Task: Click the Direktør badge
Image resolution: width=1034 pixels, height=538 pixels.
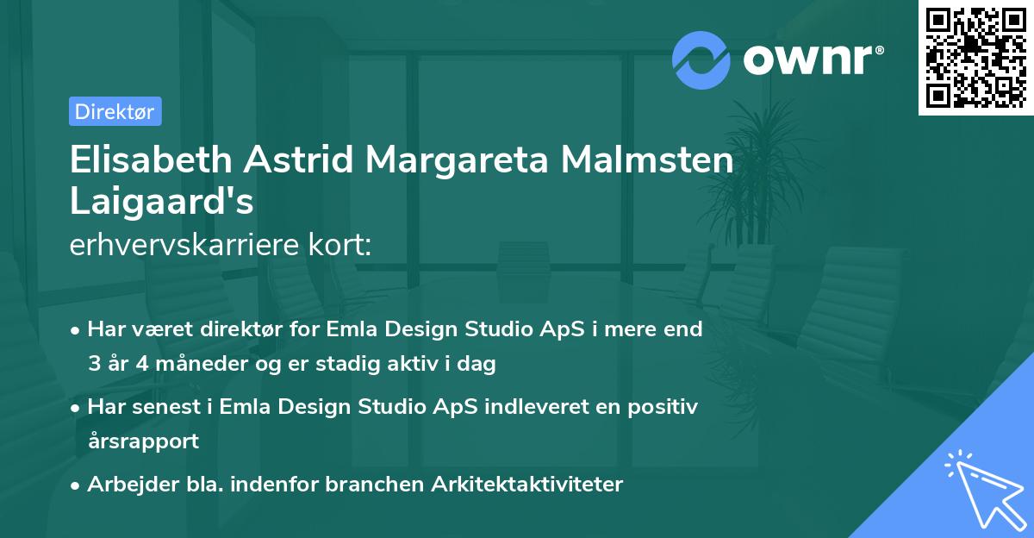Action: (x=115, y=111)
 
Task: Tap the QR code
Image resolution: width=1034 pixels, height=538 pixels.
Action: (x=975, y=57)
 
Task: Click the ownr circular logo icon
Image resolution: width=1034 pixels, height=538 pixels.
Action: (x=701, y=60)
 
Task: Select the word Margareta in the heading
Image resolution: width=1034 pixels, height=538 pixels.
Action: (x=464, y=162)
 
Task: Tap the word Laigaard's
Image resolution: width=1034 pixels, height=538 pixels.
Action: (x=161, y=203)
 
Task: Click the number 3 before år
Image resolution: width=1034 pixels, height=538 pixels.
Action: (x=93, y=364)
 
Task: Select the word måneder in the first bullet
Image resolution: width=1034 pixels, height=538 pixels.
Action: (x=186, y=364)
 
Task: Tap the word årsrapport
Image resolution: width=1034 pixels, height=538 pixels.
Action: (x=143, y=441)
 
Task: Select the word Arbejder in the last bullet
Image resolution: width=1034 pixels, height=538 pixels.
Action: (x=125, y=485)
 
